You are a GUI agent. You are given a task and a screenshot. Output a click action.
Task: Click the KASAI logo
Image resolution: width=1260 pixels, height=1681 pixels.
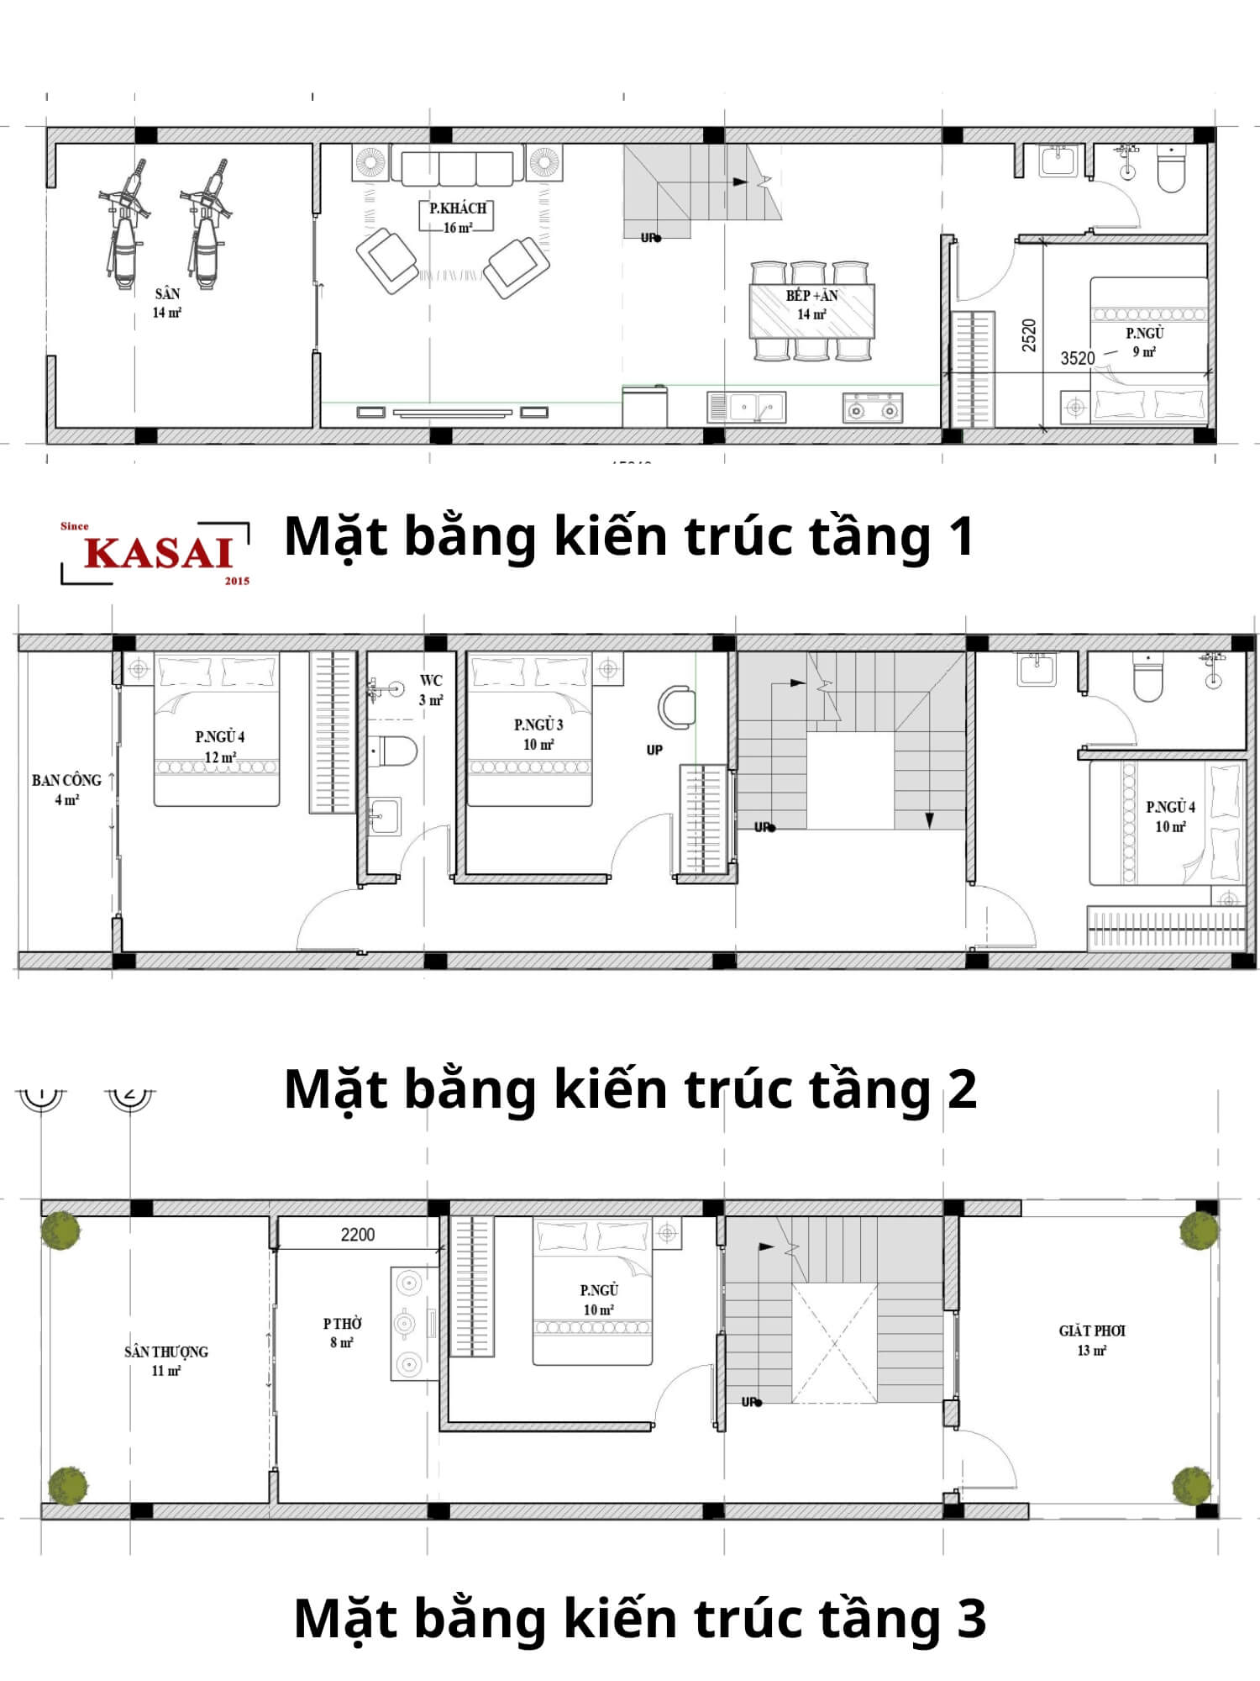tap(157, 553)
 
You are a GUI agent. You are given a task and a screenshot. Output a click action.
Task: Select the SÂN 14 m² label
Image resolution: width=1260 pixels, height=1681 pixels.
tap(167, 303)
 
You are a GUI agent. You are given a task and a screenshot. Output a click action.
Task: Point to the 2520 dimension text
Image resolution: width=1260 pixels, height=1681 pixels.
tap(1029, 335)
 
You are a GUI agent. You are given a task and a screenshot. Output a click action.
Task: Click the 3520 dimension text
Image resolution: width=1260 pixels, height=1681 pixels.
tap(1077, 358)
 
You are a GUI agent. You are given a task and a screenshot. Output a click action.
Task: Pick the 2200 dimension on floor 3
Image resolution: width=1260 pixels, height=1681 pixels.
tap(357, 1235)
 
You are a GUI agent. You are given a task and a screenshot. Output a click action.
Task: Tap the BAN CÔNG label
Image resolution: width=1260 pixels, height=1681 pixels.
tap(66, 788)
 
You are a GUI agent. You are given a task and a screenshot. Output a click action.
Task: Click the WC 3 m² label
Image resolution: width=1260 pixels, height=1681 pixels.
tap(431, 689)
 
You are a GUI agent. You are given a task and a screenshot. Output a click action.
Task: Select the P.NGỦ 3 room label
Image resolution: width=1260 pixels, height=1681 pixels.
tap(538, 734)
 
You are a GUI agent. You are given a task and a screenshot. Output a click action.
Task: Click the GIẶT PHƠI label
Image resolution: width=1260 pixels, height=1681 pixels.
tap(1092, 1340)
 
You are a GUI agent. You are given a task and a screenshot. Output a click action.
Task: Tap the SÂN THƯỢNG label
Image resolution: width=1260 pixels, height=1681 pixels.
tap(166, 1360)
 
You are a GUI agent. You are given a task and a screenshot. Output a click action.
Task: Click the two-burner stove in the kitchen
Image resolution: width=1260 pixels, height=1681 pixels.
tap(872, 408)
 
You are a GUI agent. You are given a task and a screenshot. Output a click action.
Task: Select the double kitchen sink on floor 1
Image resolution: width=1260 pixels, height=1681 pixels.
tap(747, 407)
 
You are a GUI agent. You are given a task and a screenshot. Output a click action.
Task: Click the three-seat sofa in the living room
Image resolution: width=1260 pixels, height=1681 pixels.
tap(457, 168)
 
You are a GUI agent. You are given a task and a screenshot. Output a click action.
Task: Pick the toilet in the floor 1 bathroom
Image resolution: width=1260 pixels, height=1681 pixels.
tap(1170, 171)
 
